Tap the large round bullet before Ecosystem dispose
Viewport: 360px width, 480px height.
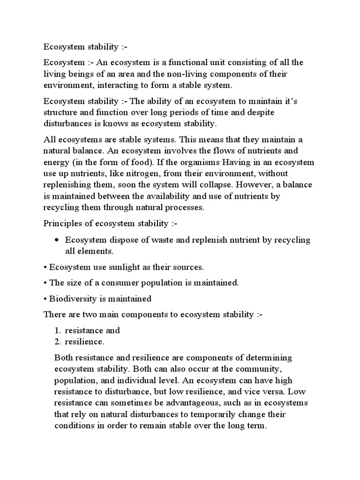coord(56,240)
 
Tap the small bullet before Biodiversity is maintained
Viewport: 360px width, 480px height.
coord(45,299)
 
